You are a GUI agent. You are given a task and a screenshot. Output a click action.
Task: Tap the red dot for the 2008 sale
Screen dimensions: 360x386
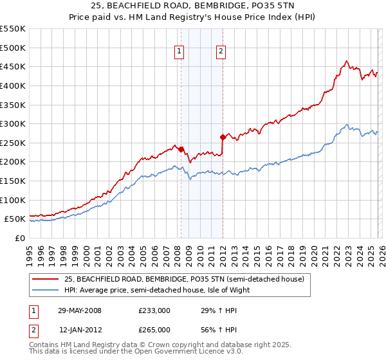point(181,149)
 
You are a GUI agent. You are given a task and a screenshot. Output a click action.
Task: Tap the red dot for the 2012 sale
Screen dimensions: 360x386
point(223,137)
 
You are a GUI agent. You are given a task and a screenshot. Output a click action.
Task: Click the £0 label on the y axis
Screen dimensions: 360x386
point(19,238)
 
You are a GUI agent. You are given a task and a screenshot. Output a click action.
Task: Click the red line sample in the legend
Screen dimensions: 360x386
point(46,279)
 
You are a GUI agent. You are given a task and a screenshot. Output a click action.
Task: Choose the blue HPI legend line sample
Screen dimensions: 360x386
point(46,290)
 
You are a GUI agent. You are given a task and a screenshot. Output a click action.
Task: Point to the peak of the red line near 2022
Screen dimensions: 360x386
point(346,61)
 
